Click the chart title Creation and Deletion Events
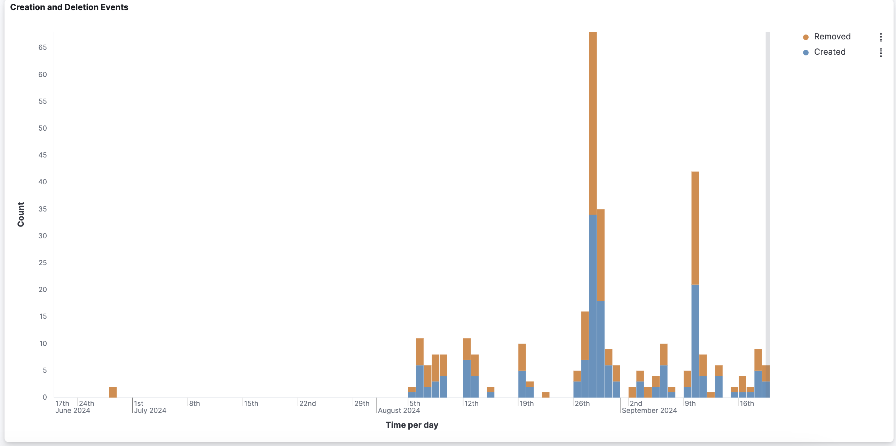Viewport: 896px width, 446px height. pos(69,7)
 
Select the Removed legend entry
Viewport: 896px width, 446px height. pos(832,37)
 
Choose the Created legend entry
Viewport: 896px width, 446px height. pos(830,52)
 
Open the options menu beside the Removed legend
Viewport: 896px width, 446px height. pos(881,37)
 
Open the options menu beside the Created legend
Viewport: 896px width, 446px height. pos(881,52)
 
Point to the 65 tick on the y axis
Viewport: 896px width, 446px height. pos(42,47)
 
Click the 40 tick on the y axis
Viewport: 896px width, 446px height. pos(42,182)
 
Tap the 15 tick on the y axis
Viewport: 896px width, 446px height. pos(42,316)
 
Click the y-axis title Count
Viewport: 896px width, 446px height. pos(21,214)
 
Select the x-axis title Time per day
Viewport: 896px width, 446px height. pos(412,425)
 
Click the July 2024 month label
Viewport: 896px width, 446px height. pos(150,410)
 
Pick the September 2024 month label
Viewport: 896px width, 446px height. pos(649,410)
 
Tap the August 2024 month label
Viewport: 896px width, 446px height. pos(399,410)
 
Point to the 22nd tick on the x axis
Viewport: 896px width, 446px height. pos(307,403)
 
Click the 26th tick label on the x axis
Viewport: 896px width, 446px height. pos(582,403)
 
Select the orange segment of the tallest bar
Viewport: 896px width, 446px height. pos(593,122)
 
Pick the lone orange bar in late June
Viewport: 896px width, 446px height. pos(113,392)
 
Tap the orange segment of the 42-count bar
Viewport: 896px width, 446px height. pos(695,228)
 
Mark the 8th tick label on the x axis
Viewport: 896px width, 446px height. pos(194,403)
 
